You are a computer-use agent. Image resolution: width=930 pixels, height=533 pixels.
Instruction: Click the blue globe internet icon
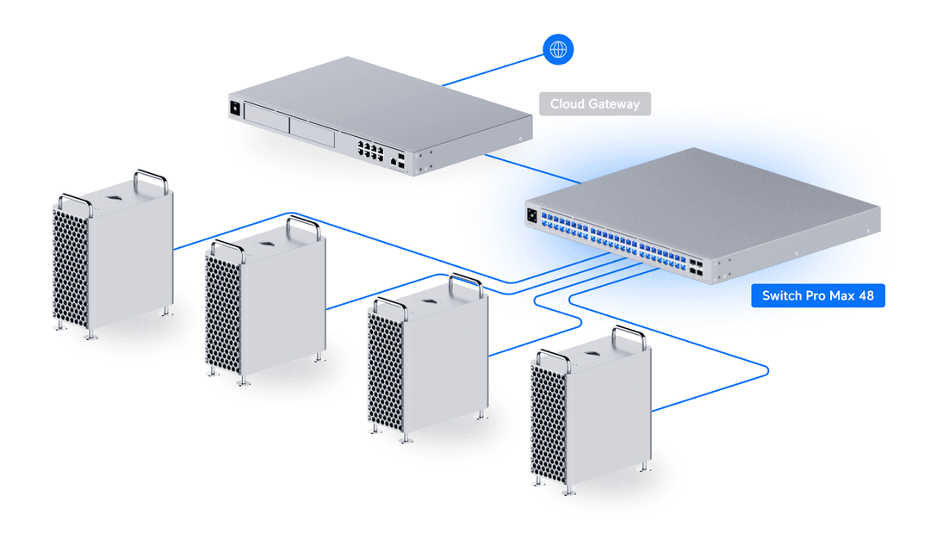(x=558, y=49)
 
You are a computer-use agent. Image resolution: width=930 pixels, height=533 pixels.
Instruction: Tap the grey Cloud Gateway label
(x=595, y=104)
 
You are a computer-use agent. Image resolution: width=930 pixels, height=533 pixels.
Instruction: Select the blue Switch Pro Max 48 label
(x=817, y=296)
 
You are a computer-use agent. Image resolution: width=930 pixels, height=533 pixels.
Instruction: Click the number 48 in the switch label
(x=865, y=296)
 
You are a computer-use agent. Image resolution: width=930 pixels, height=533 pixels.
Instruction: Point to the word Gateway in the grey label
(x=615, y=104)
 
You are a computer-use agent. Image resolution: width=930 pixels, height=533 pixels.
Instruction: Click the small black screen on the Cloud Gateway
(x=232, y=108)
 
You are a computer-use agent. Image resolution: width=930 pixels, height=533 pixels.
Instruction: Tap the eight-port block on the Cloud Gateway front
(x=369, y=152)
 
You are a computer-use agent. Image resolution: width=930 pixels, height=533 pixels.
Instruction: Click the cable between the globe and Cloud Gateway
(x=491, y=71)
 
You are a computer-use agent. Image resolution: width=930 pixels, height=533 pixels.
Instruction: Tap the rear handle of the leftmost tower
(x=150, y=181)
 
